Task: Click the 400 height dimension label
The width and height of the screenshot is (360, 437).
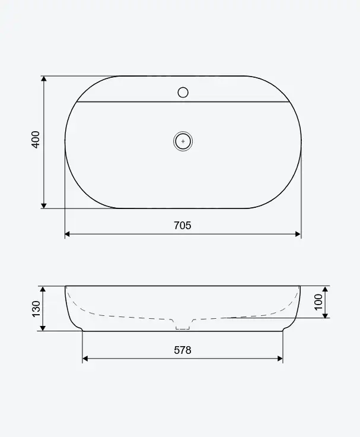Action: pos(36,140)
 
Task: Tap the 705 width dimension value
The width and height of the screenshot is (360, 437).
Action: pos(183,225)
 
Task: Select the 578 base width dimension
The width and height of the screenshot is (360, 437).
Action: pos(183,350)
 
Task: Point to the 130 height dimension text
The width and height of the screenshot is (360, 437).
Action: pos(36,309)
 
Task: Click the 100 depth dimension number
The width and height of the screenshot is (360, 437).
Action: pos(318,302)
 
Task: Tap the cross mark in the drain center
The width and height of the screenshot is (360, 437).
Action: pos(183,141)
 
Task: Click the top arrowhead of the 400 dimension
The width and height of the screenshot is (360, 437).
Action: pos(44,78)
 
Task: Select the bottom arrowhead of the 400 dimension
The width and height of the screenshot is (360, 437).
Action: pos(44,205)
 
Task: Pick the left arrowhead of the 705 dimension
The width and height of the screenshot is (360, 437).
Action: pos(68,234)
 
